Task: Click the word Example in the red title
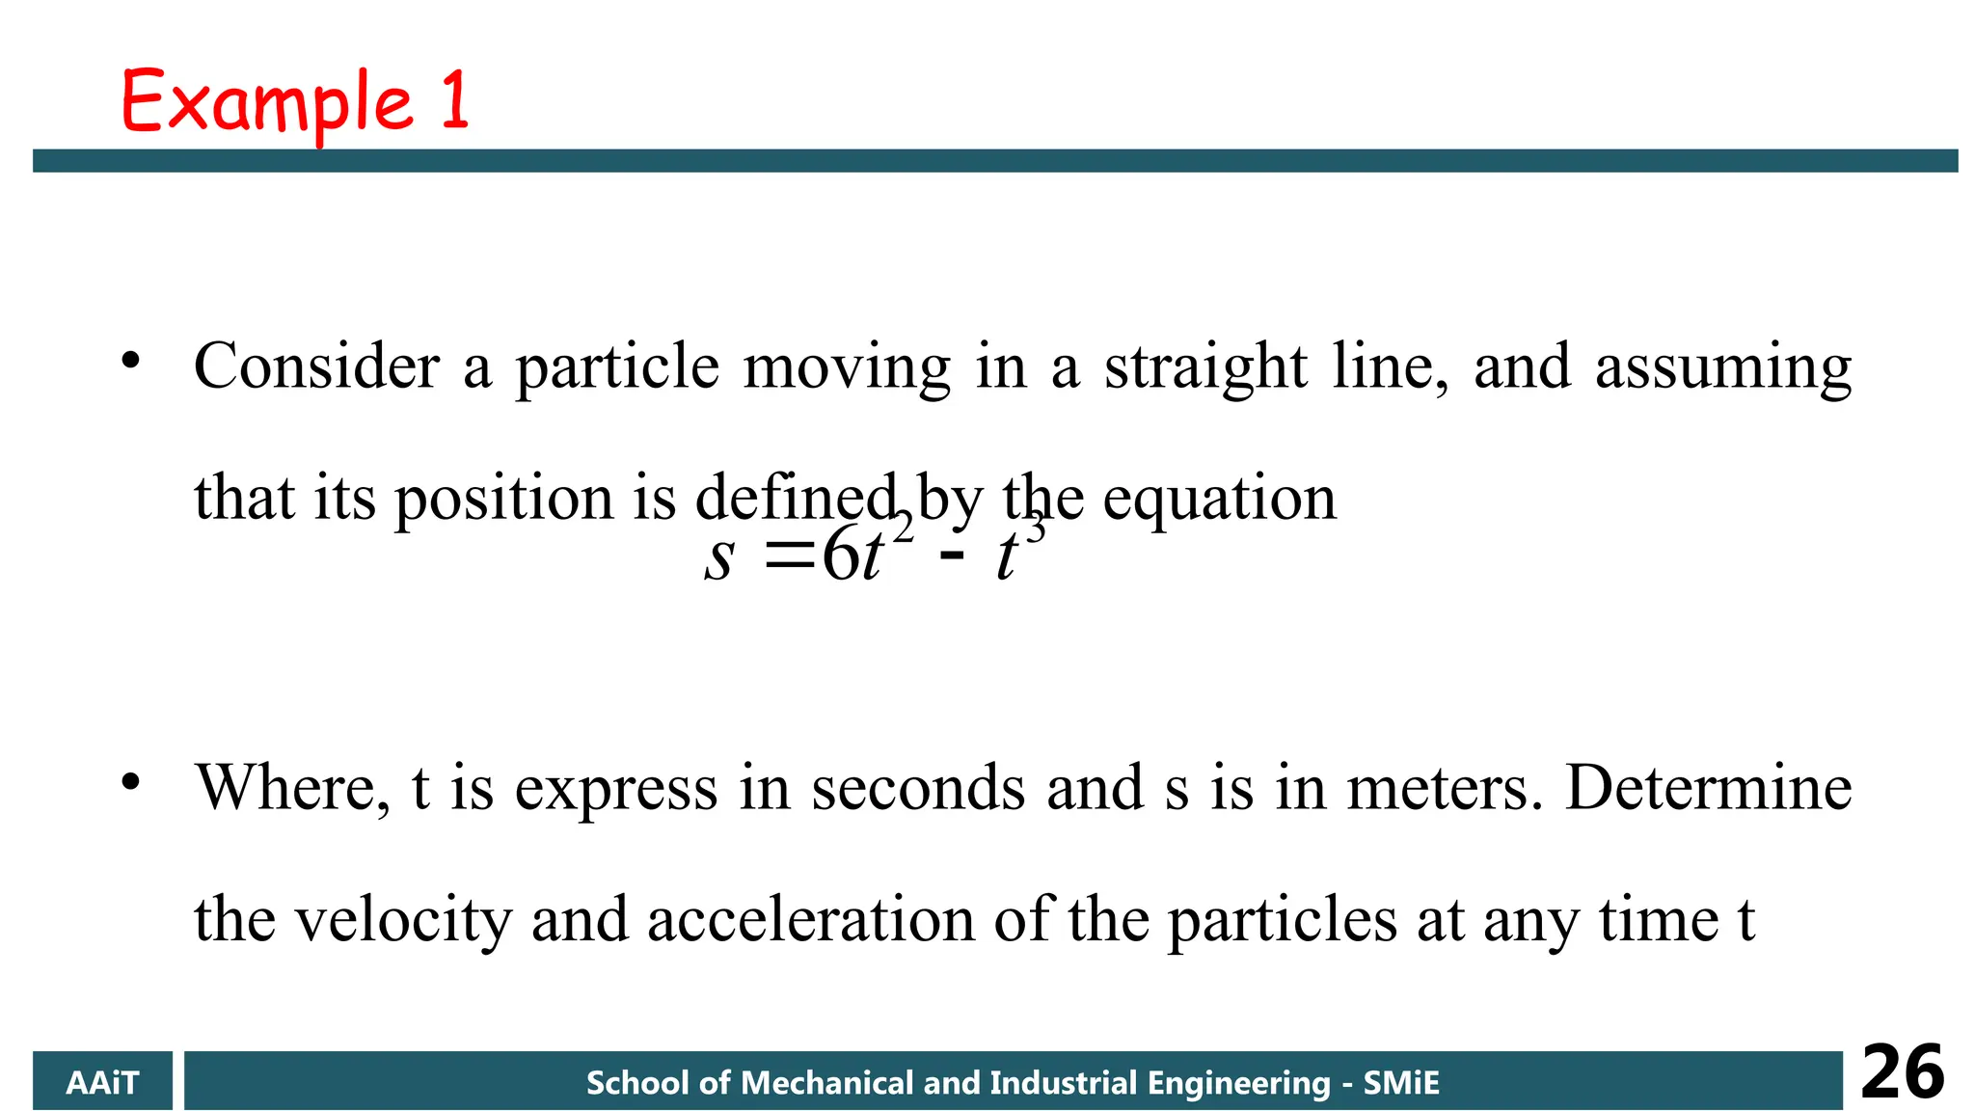(x=267, y=103)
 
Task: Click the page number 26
(x=1902, y=1072)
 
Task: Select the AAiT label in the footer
(x=102, y=1082)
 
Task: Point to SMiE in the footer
(x=1400, y=1082)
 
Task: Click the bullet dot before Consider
(x=131, y=362)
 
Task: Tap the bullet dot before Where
(x=131, y=781)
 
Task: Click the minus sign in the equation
(x=951, y=558)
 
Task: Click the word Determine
(x=1708, y=788)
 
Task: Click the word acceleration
(x=811, y=919)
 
